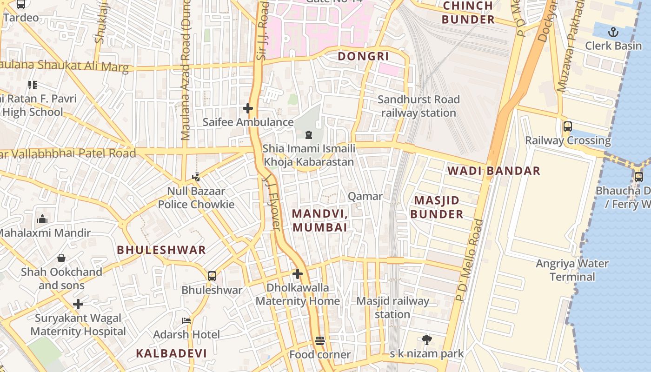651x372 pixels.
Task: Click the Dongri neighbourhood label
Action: (363, 56)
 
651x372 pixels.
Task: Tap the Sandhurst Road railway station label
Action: (418, 106)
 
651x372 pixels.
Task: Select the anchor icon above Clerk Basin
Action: (613, 32)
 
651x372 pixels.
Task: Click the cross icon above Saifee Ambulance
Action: (248, 109)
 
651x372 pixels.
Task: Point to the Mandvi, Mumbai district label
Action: (320, 220)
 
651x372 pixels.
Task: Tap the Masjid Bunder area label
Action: (437, 207)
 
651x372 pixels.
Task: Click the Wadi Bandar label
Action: (494, 171)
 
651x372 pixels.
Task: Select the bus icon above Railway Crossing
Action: (567, 126)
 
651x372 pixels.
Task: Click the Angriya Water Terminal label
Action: (572, 270)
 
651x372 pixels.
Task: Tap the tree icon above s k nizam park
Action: (426, 340)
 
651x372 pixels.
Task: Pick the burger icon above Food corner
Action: (319, 341)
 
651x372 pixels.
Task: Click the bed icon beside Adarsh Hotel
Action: (186, 321)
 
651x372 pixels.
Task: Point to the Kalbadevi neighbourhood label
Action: (171, 353)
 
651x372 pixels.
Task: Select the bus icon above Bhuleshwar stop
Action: (212, 276)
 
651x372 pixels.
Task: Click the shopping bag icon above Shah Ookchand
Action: (61, 258)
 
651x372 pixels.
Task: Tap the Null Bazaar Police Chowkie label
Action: (196, 198)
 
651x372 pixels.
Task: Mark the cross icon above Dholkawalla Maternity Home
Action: (298, 274)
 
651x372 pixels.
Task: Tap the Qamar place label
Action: (365, 196)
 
